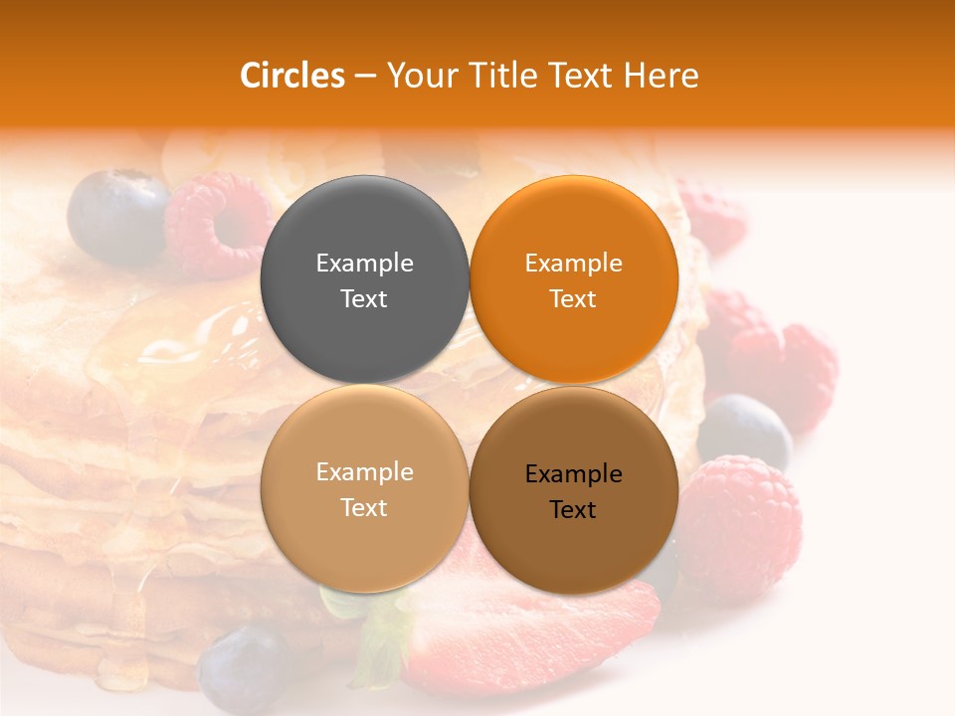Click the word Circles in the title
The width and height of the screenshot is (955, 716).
(291, 76)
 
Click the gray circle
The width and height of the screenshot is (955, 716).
(364, 279)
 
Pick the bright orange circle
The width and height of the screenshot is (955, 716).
(573, 279)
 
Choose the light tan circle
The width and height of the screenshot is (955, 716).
(364, 488)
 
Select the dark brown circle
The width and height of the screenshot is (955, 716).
(573, 490)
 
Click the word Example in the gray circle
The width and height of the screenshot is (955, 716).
(364, 263)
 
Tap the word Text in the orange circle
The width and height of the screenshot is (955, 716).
(573, 298)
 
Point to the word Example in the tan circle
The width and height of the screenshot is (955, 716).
(364, 471)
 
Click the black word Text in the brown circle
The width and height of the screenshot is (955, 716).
(573, 509)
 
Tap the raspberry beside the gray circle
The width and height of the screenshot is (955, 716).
(219, 224)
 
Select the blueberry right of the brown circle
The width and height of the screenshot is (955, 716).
(744, 431)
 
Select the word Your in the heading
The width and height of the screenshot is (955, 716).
(417, 76)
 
